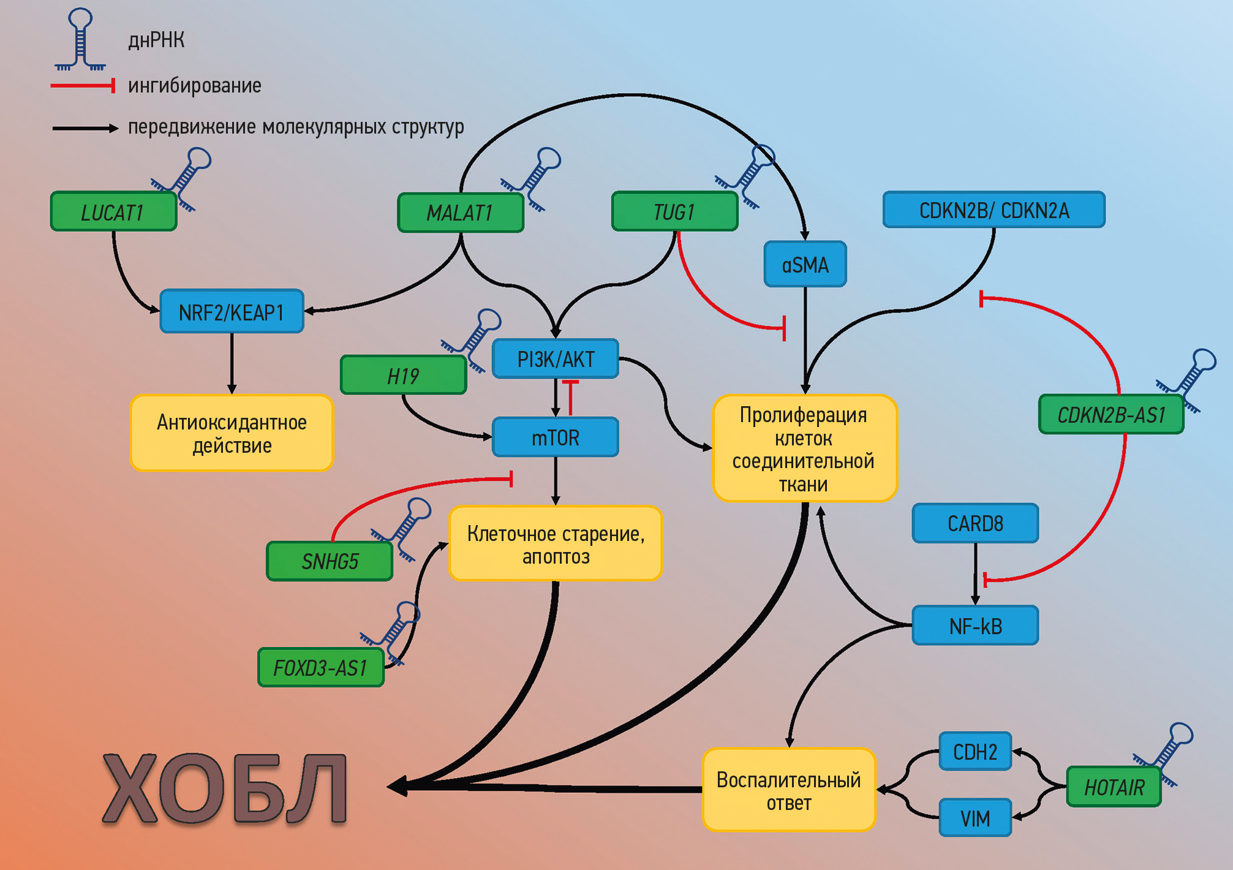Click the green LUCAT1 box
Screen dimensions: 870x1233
tap(113, 212)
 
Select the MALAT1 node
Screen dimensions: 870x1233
tap(460, 213)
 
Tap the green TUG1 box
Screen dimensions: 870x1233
tap(674, 212)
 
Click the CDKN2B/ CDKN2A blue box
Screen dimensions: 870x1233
tap(994, 210)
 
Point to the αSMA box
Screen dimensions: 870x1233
tap(805, 265)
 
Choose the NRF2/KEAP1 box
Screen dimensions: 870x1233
tap(232, 312)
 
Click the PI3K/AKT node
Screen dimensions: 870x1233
tap(556, 359)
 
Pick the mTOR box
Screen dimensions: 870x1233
tap(556, 437)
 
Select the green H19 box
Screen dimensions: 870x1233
tap(403, 376)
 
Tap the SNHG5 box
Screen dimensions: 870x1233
tap(330, 561)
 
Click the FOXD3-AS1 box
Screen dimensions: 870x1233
tap(320, 668)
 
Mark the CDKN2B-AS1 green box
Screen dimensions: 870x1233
tap(1110, 415)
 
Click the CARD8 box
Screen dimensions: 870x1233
tap(975, 523)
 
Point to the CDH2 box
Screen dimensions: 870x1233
tap(975, 752)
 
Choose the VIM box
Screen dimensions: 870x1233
tap(975, 818)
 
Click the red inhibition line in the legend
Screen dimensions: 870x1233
tap(83, 86)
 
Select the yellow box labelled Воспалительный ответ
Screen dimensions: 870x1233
tap(788, 791)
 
